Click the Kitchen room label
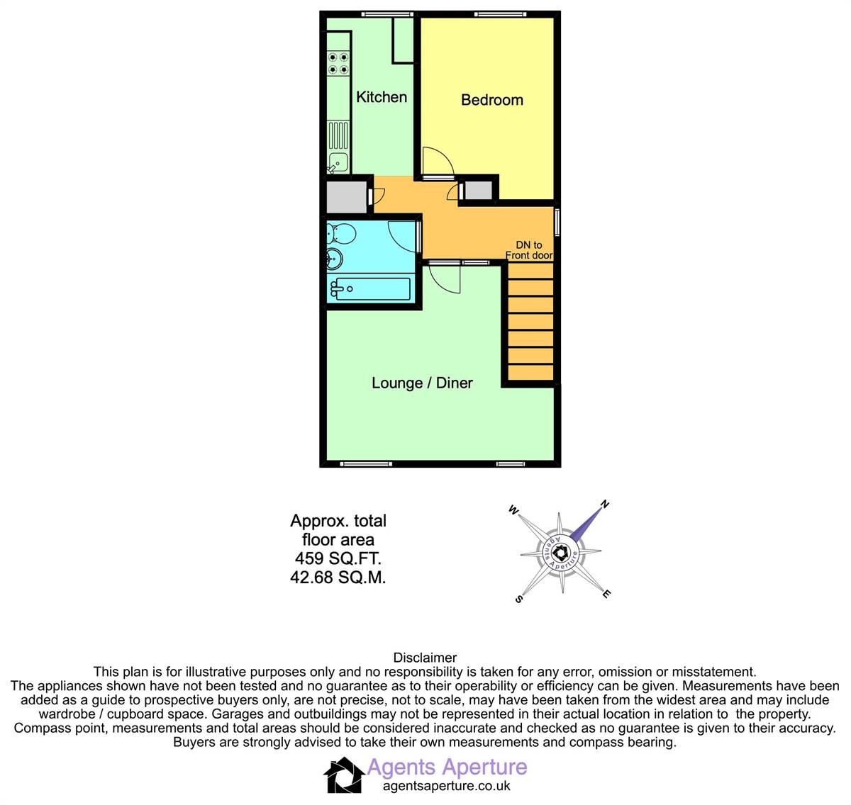pos(382,97)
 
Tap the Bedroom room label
pos(492,100)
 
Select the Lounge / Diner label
pos(422,383)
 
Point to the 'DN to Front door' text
pos(529,250)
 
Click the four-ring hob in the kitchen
pos(338,63)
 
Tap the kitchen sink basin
pos(338,163)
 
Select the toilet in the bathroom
pos(340,234)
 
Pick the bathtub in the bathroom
pos(370,289)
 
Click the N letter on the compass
pos(605,504)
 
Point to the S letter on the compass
pos(518,599)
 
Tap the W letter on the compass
pos(513,510)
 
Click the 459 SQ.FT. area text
pos(338,558)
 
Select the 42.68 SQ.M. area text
pos(338,577)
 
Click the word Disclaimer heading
pos(425,658)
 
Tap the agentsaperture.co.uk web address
pos(447,786)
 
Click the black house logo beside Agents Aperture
pos(344,775)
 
